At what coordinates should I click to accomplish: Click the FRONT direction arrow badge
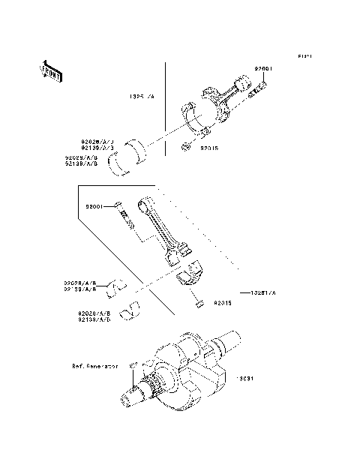(50, 70)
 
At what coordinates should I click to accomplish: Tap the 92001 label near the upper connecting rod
(262, 68)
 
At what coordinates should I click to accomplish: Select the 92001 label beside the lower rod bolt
(97, 205)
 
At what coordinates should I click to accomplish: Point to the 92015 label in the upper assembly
(209, 148)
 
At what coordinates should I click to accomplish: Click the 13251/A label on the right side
(263, 292)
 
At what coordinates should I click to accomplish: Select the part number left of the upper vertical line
(140, 97)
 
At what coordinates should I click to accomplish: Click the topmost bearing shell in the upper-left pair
(139, 145)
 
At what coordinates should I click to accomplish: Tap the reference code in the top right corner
(304, 56)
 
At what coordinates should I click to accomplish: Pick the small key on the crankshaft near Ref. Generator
(132, 364)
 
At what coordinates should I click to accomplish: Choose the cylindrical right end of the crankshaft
(229, 341)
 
